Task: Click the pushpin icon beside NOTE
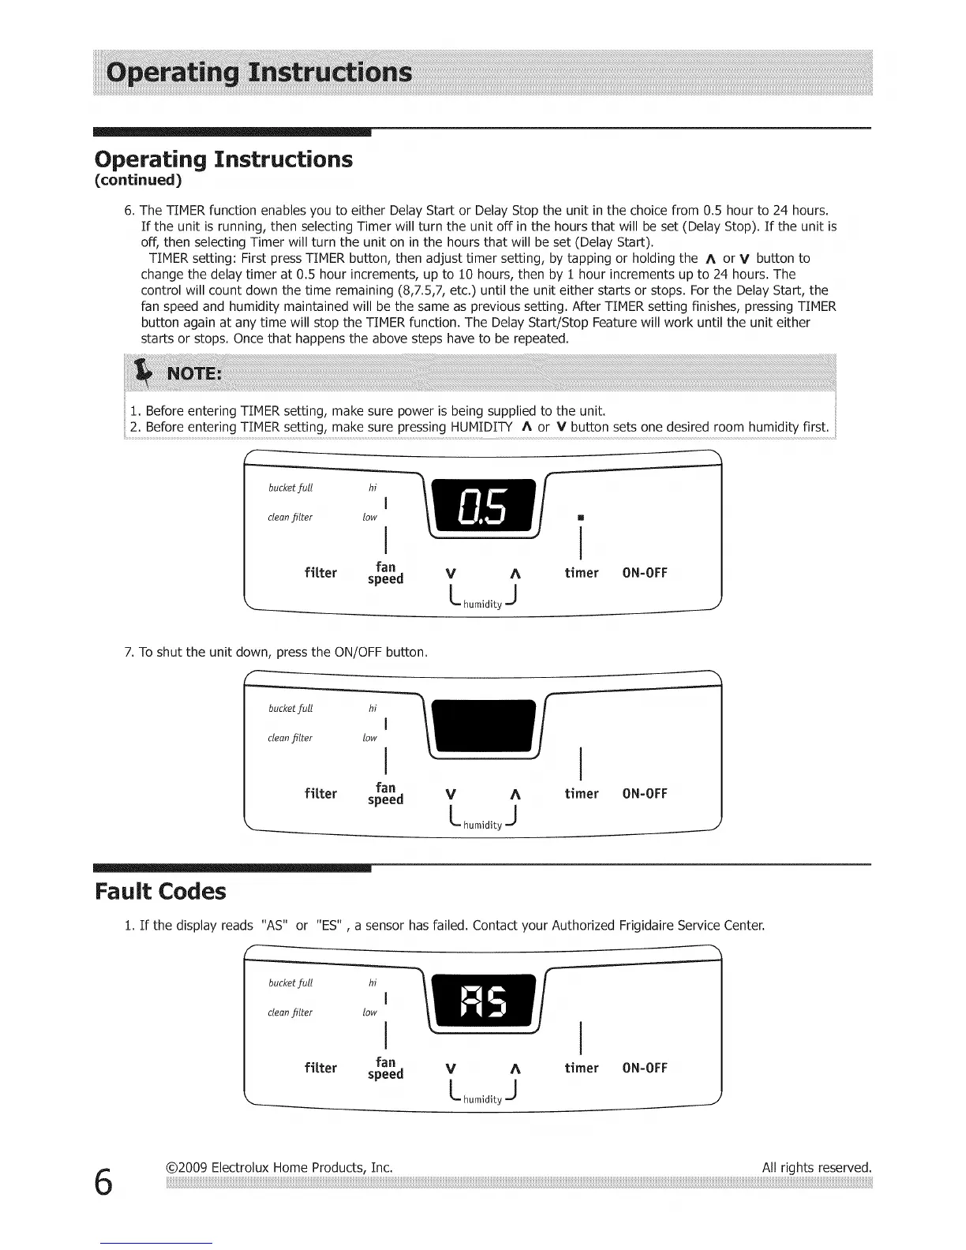[143, 371]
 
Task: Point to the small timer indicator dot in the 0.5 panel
[580, 518]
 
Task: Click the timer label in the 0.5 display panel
[582, 573]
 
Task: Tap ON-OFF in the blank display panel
[645, 794]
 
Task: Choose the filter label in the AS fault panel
[320, 1068]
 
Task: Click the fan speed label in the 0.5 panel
[385, 573]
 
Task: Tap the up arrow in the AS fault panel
[515, 1069]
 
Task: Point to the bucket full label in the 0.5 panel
[290, 488]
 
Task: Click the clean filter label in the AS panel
[290, 1012]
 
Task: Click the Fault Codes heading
[160, 892]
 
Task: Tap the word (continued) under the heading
[138, 181]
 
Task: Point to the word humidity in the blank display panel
[482, 825]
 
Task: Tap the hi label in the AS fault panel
[373, 982]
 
